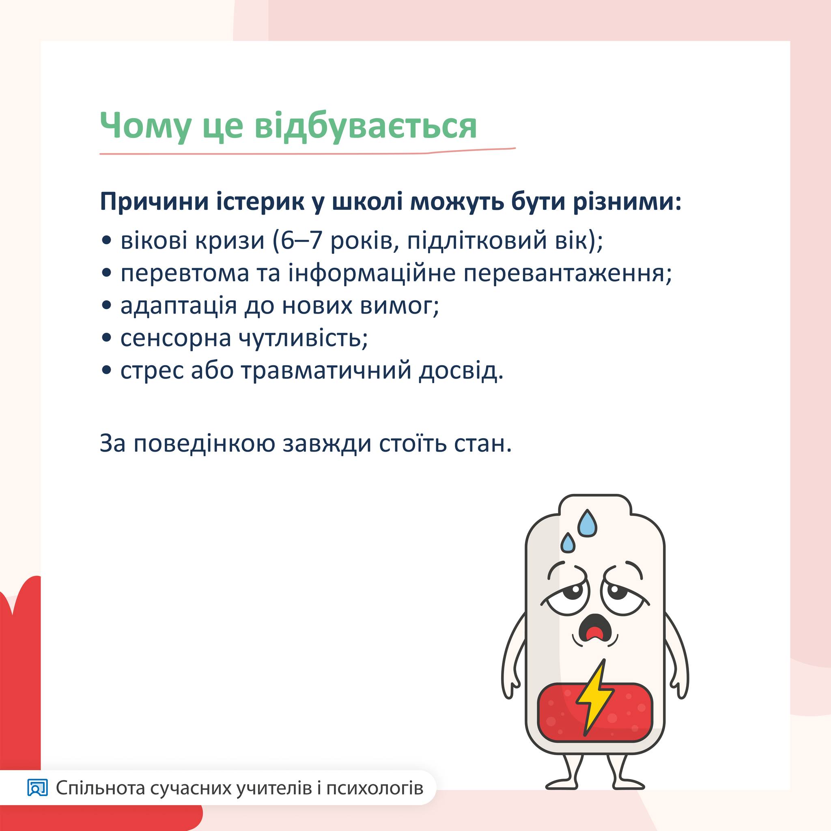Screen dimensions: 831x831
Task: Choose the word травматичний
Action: (327, 371)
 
